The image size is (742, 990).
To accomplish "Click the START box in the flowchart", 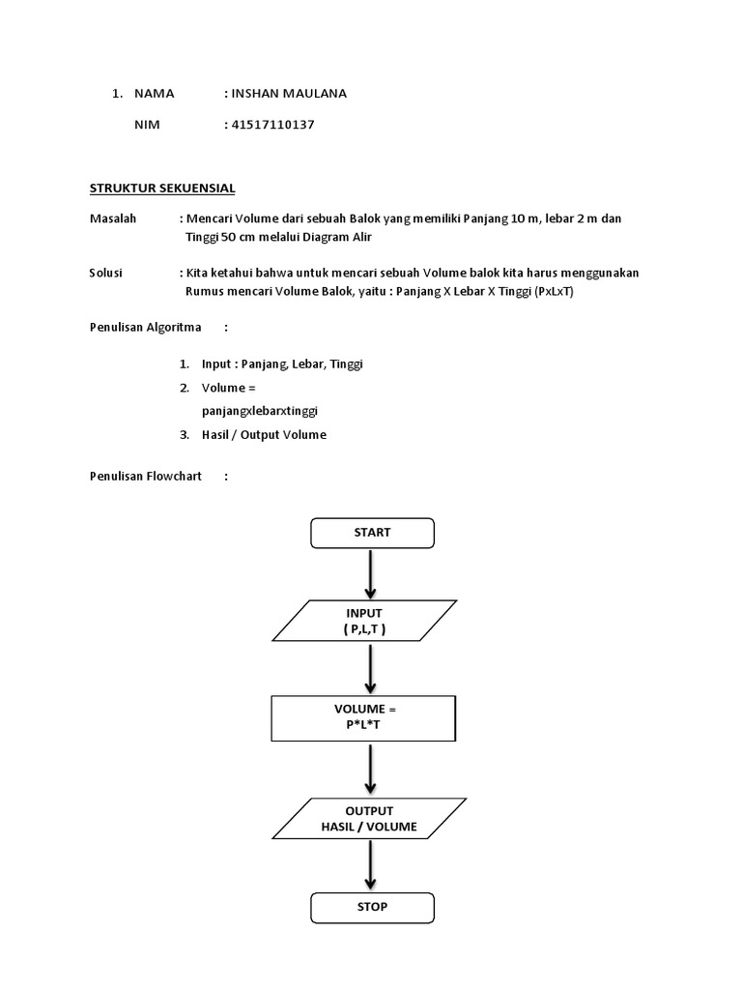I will [x=372, y=533].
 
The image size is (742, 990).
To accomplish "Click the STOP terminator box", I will [x=372, y=907].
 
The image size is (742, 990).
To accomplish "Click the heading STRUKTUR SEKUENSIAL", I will [x=162, y=188].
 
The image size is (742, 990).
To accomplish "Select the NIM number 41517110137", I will [x=273, y=125].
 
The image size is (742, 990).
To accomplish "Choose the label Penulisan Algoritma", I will [x=146, y=327].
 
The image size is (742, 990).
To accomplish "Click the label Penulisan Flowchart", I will [x=146, y=477].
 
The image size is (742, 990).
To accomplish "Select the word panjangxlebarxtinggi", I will [x=260, y=411].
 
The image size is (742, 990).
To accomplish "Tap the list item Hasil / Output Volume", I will [x=264, y=435].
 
